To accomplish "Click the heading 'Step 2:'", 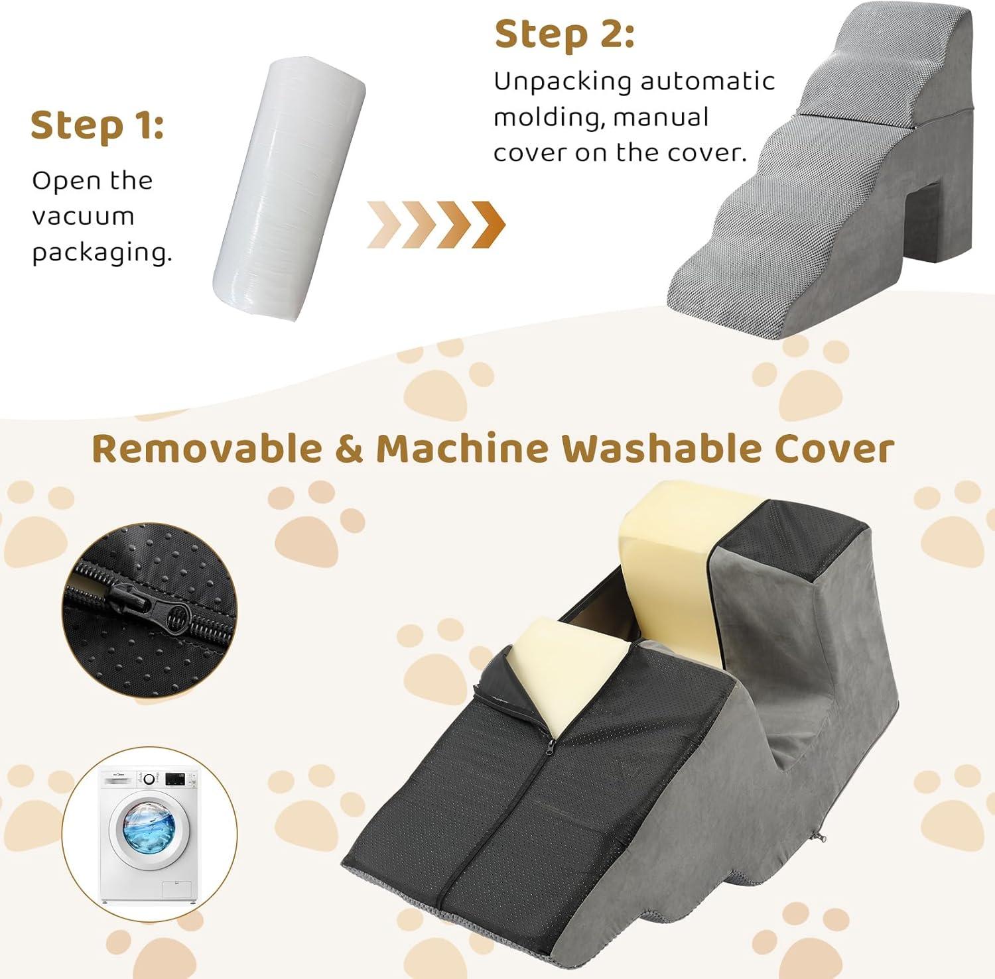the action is point(564,34).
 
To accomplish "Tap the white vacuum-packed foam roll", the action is point(289,189).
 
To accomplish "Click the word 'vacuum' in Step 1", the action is point(83,216).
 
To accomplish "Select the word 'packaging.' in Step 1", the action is point(102,253).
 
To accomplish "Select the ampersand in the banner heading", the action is point(349,449).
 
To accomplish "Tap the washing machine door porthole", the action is point(149,827).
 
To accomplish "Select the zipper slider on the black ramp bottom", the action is point(549,747).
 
